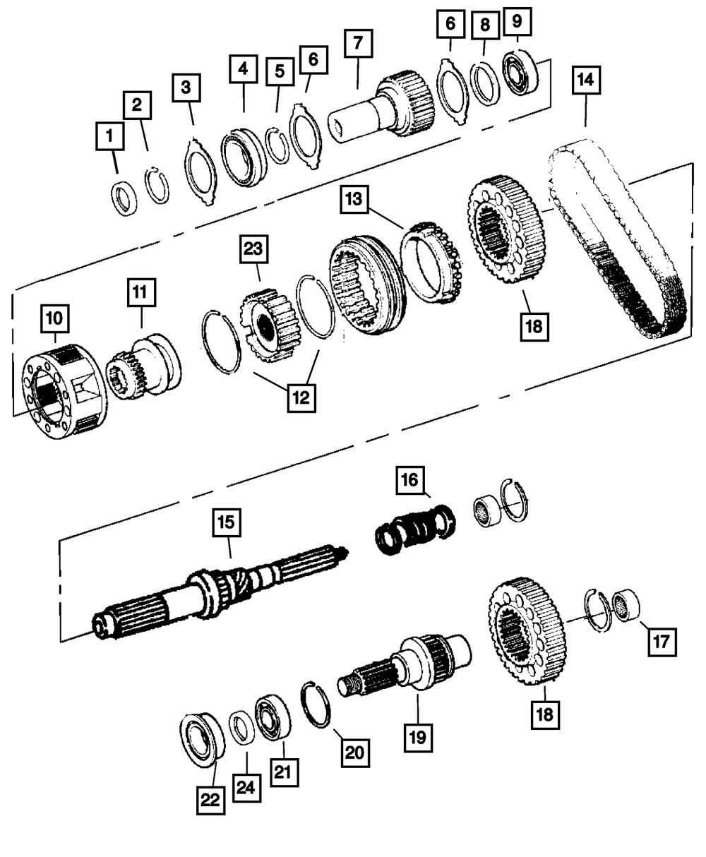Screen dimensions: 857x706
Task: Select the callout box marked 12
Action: point(301,397)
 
